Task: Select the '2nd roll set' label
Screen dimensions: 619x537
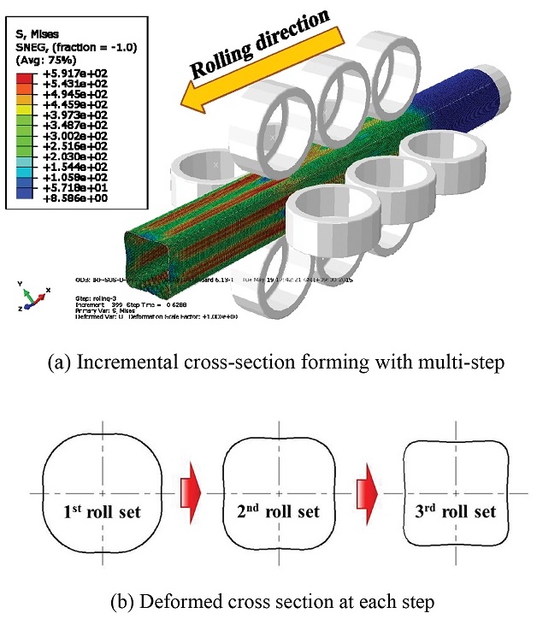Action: [x=281, y=513]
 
